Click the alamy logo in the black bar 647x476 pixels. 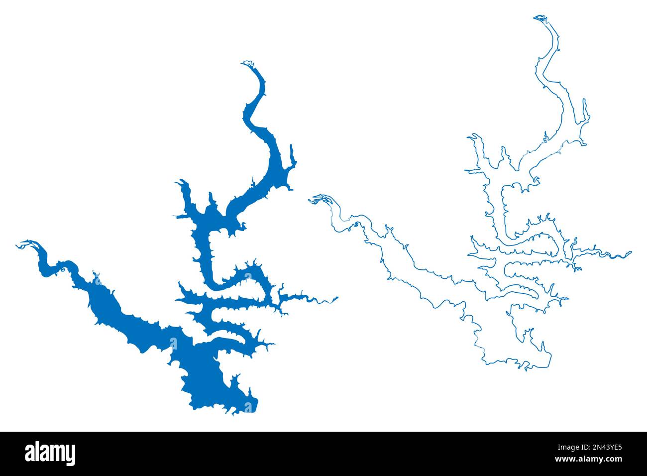[x=50, y=454]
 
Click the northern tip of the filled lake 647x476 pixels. [x=246, y=64]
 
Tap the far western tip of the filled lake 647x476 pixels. [x=19, y=244]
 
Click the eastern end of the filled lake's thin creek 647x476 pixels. [x=337, y=298]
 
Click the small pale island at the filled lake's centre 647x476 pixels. [x=173, y=343]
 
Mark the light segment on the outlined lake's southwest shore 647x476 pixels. [x=476, y=341]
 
